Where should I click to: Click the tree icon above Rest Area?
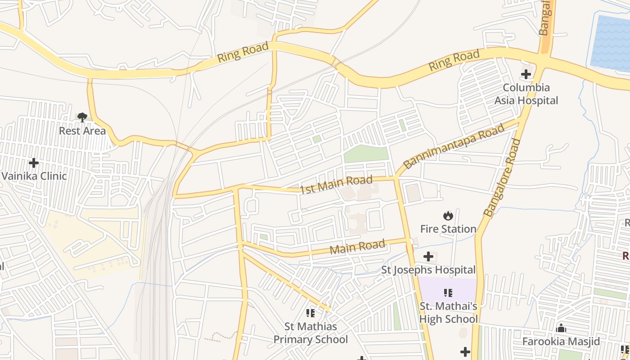pyautogui.click(x=82, y=117)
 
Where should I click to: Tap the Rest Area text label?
pyautogui.click(x=82, y=131)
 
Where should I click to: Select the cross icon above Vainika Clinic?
pyautogui.click(x=34, y=162)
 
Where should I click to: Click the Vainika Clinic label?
pyautogui.click(x=34, y=176)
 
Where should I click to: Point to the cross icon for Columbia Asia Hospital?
pyautogui.click(x=526, y=74)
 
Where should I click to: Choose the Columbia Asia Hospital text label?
pyautogui.click(x=526, y=94)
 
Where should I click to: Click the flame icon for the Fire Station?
pyautogui.click(x=448, y=216)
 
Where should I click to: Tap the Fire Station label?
pyautogui.click(x=448, y=229)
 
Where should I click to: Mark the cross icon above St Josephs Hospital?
pyautogui.click(x=428, y=256)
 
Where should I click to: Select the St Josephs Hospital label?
pyautogui.click(x=428, y=270)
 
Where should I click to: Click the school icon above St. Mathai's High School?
pyautogui.click(x=448, y=293)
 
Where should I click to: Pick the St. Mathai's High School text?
pyautogui.click(x=448, y=313)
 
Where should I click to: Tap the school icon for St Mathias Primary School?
pyautogui.click(x=310, y=313)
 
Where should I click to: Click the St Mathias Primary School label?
pyautogui.click(x=310, y=333)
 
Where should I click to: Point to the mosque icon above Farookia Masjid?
pyautogui.click(x=561, y=328)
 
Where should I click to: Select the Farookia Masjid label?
pyautogui.click(x=561, y=342)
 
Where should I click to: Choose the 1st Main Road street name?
pyautogui.click(x=337, y=184)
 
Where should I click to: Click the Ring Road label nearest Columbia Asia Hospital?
pyautogui.click(x=454, y=61)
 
